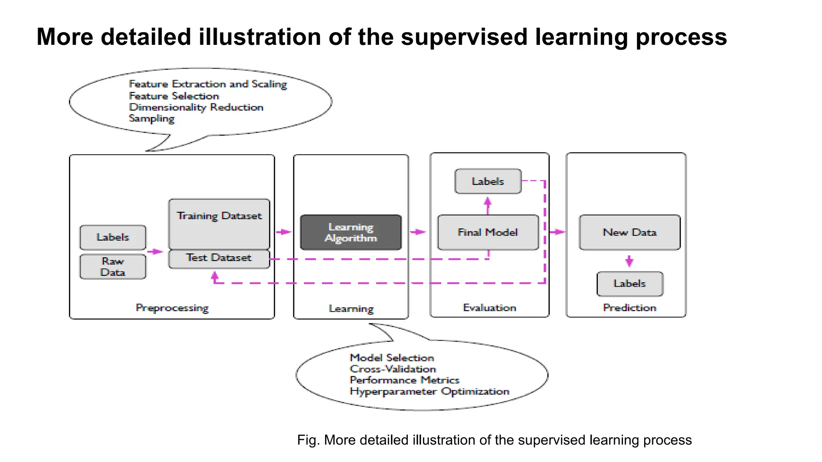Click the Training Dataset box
219,224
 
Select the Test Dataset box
219,258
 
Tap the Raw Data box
113,267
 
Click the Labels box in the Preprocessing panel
113,237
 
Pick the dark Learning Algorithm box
351,233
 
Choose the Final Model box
488,233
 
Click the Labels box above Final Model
488,181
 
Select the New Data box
629,233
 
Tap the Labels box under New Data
629,284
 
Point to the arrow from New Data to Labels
629,261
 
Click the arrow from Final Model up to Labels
488,205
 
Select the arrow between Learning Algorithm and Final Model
418,232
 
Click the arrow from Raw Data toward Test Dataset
155,251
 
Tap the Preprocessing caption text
172,308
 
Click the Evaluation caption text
489,308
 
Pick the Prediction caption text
629,308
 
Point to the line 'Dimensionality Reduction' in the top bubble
196,107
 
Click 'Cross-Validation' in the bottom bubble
393,369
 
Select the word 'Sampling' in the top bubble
151,119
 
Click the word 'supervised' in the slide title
464,37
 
